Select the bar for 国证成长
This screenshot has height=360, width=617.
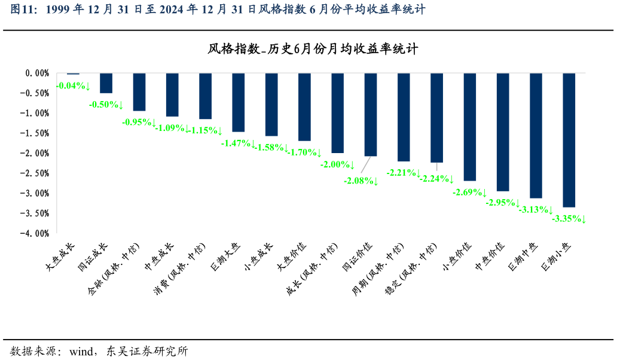click(106, 83)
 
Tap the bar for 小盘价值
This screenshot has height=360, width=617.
click(469, 127)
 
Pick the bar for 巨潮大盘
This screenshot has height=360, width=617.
click(238, 102)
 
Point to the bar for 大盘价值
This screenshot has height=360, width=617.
click(304, 107)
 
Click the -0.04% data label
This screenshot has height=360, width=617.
click(73, 86)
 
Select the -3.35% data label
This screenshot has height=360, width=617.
click(569, 219)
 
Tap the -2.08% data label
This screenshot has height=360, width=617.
click(361, 181)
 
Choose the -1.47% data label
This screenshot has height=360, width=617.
click(239, 144)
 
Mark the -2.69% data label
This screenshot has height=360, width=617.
click(470, 193)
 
